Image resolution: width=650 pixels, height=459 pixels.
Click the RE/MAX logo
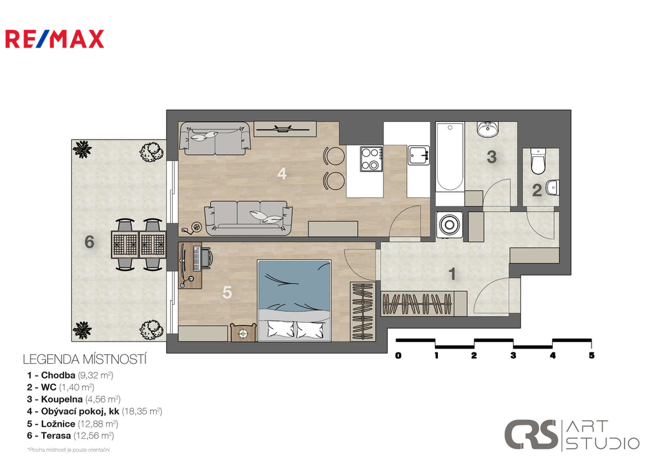(x=55, y=39)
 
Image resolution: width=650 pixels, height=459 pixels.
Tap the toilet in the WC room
(x=538, y=163)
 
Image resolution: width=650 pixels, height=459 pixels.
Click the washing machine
(x=450, y=225)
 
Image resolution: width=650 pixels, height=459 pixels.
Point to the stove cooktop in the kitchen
(x=371, y=159)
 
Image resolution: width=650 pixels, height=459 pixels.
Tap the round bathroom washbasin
(x=488, y=130)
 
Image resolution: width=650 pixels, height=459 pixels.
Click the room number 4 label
(x=282, y=173)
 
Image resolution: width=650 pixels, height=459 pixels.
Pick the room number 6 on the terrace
(x=90, y=241)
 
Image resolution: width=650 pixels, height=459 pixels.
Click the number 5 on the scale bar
(x=592, y=356)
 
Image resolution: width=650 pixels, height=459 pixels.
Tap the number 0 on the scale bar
(x=398, y=356)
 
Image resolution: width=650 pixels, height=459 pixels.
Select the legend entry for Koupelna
(x=74, y=399)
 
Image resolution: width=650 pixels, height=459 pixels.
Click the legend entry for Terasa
(x=70, y=436)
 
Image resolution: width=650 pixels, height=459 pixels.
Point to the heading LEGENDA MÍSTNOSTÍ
(x=85, y=359)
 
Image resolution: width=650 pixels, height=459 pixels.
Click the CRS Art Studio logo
(x=571, y=435)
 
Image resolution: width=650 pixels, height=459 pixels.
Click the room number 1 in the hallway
(x=453, y=274)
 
